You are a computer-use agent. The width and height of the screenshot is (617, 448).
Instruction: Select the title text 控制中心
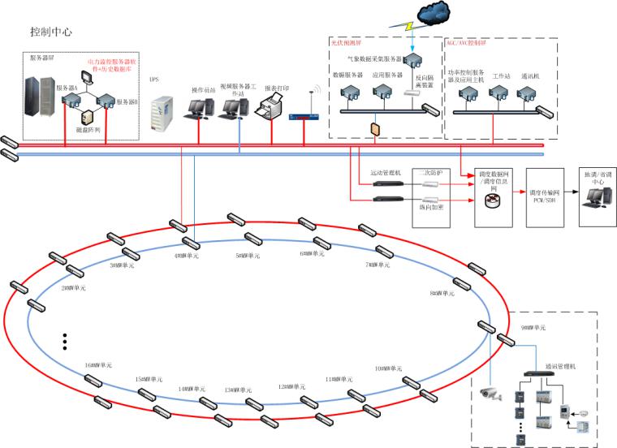point(51,32)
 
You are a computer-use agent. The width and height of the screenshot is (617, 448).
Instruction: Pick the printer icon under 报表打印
point(272,107)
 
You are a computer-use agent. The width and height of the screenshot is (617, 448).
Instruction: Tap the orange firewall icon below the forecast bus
point(374,128)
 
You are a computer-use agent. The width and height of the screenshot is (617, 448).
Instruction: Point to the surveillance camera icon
point(490,394)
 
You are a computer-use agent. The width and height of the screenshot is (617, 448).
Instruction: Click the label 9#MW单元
point(533,326)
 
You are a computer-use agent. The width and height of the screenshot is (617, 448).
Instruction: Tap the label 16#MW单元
point(98,365)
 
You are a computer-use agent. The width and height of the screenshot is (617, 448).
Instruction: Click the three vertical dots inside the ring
point(65,341)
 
